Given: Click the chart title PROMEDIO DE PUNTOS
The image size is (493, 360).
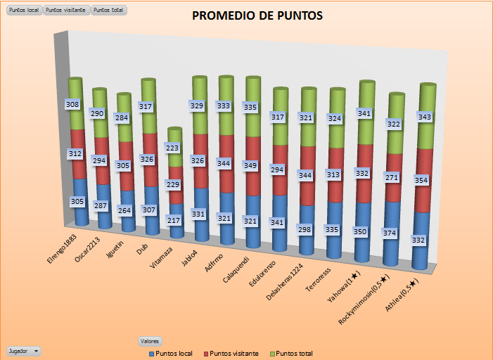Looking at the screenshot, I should (x=258, y=15).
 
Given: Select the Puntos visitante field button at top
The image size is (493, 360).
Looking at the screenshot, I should (x=67, y=11).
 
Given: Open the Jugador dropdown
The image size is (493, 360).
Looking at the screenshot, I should (x=23, y=349).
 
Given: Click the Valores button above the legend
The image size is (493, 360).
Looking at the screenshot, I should (x=150, y=340).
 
